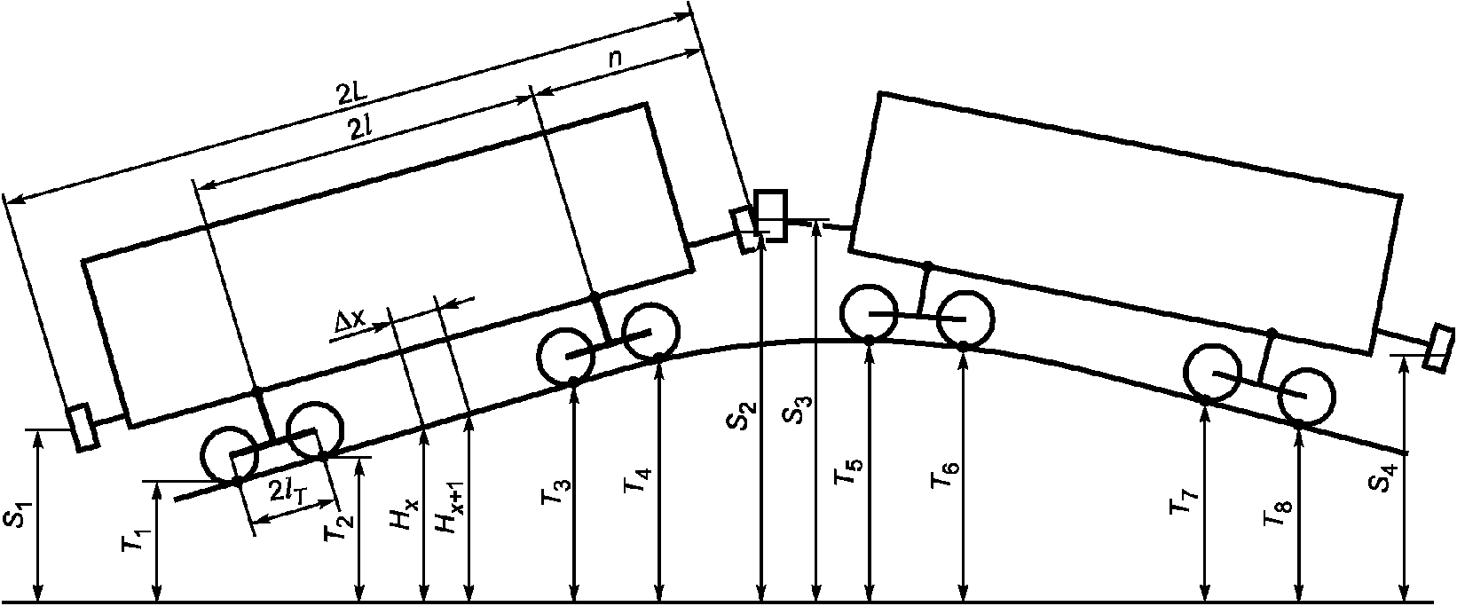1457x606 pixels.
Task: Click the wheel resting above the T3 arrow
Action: pyautogui.click(x=565, y=357)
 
